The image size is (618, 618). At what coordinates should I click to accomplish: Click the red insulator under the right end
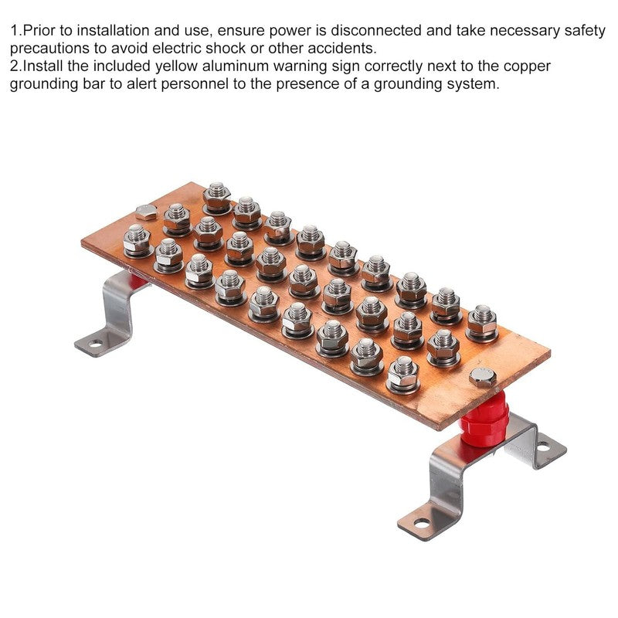pyautogui.click(x=484, y=420)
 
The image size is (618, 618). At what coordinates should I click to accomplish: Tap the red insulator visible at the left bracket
pyautogui.click(x=138, y=281)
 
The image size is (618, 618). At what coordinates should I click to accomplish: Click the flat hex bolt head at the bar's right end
pyautogui.click(x=482, y=376)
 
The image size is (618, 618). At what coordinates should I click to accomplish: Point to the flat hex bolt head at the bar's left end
pyautogui.click(x=146, y=212)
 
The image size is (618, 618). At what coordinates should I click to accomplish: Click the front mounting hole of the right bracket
pyautogui.click(x=422, y=524)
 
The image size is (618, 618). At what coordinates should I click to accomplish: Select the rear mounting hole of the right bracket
pyautogui.click(x=543, y=447)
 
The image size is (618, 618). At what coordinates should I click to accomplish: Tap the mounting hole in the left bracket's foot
pyautogui.click(x=95, y=344)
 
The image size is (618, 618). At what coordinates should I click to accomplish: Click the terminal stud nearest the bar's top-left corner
pyautogui.click(x=217, y=199)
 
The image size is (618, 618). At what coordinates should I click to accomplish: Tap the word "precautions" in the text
pyautogui.click(x=49, y=49)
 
